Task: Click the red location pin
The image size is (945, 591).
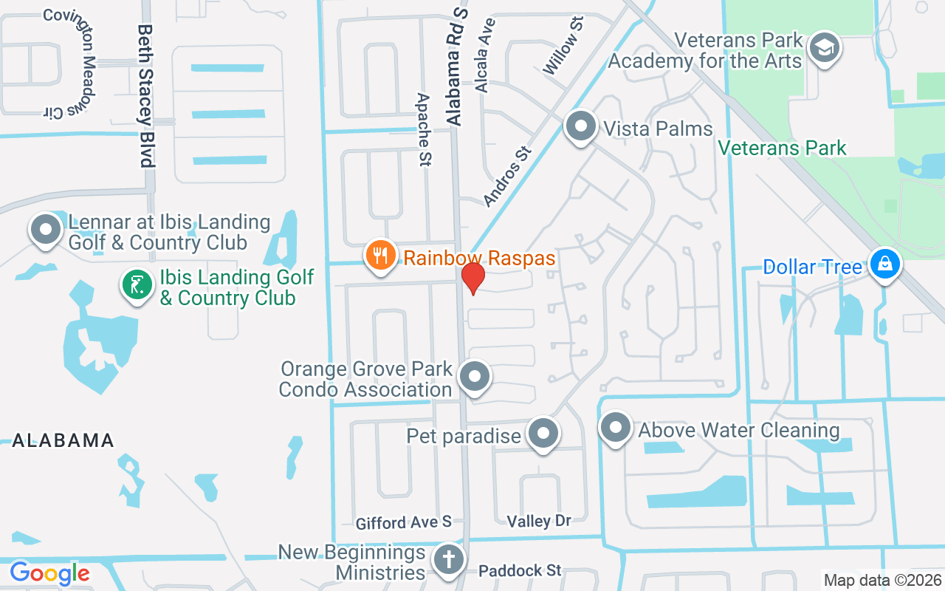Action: (x=472, y=278)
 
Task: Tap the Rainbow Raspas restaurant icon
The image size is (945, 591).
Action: (x=380, y=256)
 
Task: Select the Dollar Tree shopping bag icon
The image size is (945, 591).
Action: (x=884, y=263)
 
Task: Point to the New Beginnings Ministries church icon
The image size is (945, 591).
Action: (x=448, y=559)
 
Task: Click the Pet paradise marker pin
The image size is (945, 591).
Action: (x=544, y=433)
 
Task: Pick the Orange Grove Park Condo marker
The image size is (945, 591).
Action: (x=474, y=377)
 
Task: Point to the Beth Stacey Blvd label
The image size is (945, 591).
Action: (x=145, y=96)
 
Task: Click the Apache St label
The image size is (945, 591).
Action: (x=424, y=130)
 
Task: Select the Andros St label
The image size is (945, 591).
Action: (x=507, y=176)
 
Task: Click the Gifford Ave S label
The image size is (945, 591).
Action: (x=403, y=522)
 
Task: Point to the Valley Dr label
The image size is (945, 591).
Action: (x=539, y=521)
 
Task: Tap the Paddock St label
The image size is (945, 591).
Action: (x=520, y=570)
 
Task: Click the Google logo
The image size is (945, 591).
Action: (x=49, y=573)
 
